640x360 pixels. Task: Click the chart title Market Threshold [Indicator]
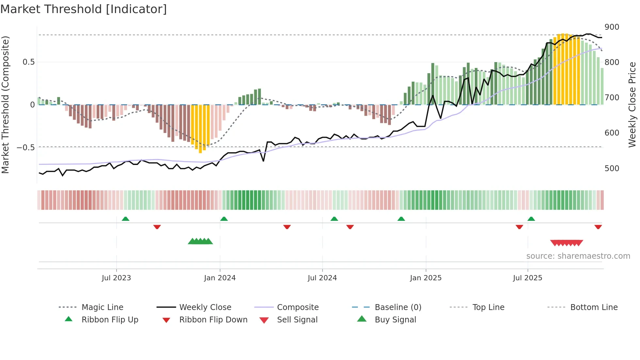84,9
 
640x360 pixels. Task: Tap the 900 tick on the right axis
612,27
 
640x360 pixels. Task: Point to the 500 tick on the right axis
612,169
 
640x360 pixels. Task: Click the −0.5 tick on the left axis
26,148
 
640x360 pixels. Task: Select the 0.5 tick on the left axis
28,62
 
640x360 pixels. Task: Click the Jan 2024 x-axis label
220,278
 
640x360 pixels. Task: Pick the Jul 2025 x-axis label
527,278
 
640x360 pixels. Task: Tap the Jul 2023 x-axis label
116,278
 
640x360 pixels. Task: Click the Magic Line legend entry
102,307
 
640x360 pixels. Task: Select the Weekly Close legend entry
205,307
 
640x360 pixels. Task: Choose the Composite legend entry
297,307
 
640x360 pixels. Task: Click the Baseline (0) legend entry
398,307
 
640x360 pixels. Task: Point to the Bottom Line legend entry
594,307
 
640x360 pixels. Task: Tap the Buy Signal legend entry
395,320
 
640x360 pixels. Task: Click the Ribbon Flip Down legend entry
213,320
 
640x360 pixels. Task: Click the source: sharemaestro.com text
578,256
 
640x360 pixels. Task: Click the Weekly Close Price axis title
632,105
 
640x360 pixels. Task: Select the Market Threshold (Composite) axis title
5,105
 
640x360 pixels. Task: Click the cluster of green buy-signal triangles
200,241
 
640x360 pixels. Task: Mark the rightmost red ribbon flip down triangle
598,227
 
